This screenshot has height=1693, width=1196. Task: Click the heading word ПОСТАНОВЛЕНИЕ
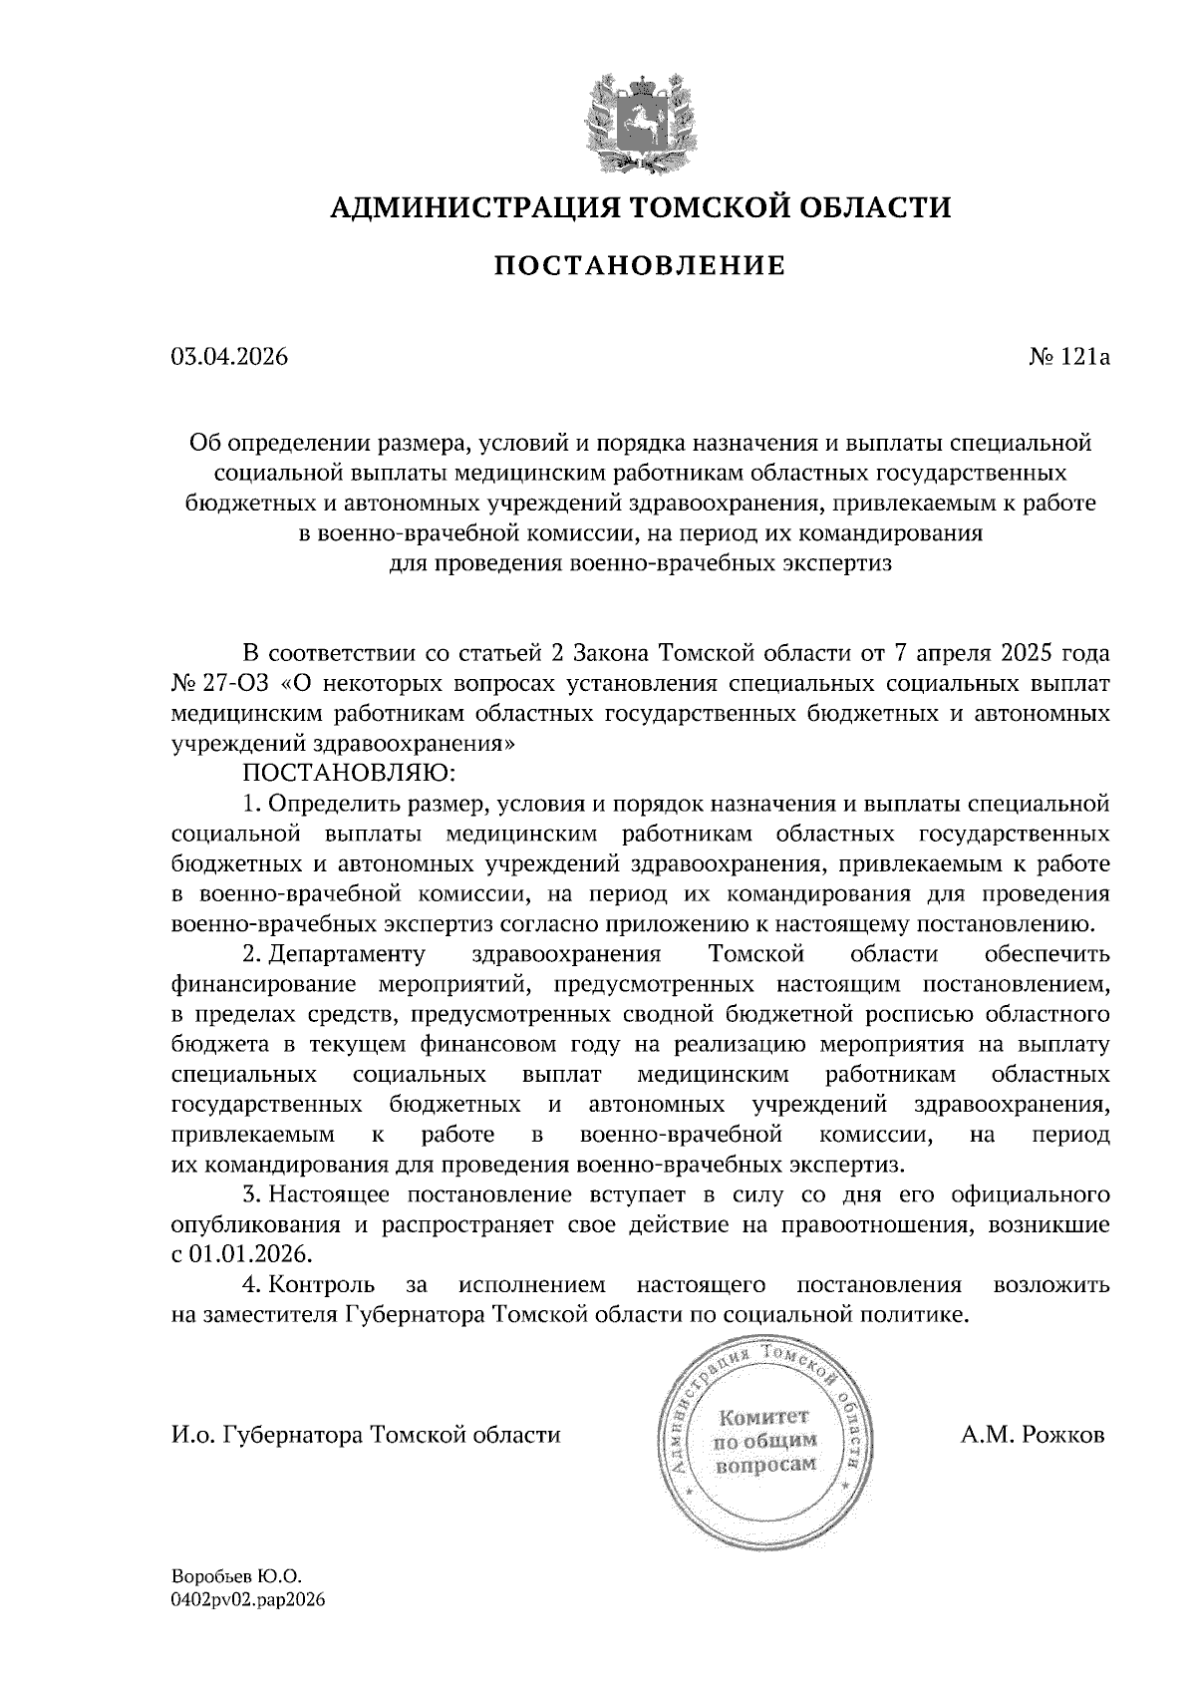[x=641, y=265]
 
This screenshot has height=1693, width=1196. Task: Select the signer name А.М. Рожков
[x=1033, y=1436]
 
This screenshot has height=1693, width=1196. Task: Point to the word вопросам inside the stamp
[x=765, y=1464]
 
